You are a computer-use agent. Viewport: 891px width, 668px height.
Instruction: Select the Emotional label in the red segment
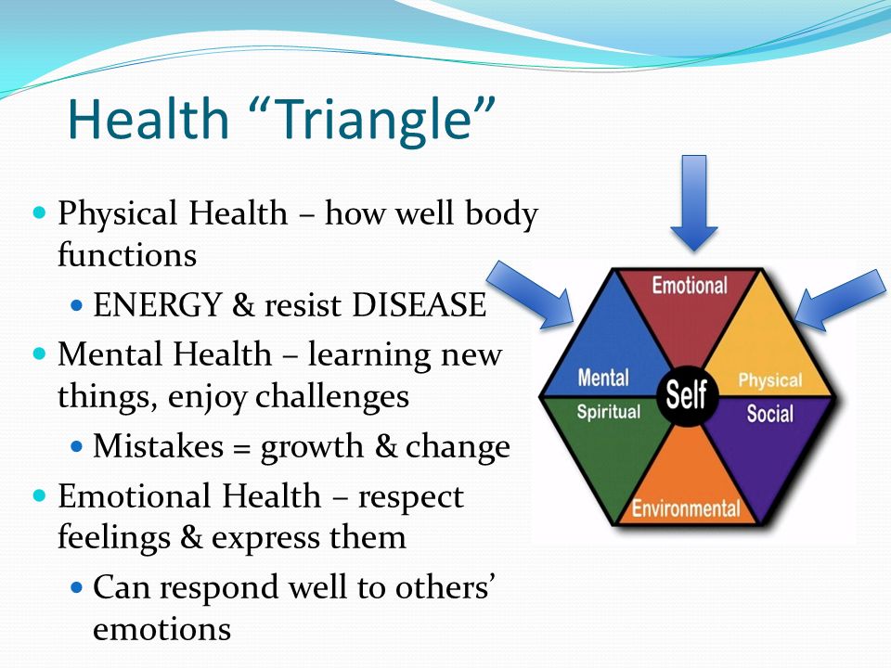690,285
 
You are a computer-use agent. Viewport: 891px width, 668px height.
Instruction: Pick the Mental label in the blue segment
603,378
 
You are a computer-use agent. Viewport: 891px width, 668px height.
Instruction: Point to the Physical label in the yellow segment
770,380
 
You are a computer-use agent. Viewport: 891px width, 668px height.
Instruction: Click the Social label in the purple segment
770,414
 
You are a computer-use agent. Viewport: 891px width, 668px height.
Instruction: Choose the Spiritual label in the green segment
609,412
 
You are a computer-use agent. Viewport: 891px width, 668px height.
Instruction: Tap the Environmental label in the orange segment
686,508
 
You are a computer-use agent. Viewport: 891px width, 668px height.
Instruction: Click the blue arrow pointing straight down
694,203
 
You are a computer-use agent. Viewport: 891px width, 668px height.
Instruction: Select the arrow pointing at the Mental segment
531,294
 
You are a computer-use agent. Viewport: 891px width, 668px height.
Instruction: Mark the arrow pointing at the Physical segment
841,300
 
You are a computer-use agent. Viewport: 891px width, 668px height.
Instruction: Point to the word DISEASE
419,304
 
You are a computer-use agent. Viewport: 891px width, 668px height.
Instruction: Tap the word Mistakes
159,446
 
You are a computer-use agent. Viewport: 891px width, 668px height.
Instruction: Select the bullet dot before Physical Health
39,213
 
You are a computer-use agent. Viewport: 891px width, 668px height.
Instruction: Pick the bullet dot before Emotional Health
39,495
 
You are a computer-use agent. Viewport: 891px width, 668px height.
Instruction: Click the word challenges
332,397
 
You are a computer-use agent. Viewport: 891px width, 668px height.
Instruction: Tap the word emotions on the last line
161,629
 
